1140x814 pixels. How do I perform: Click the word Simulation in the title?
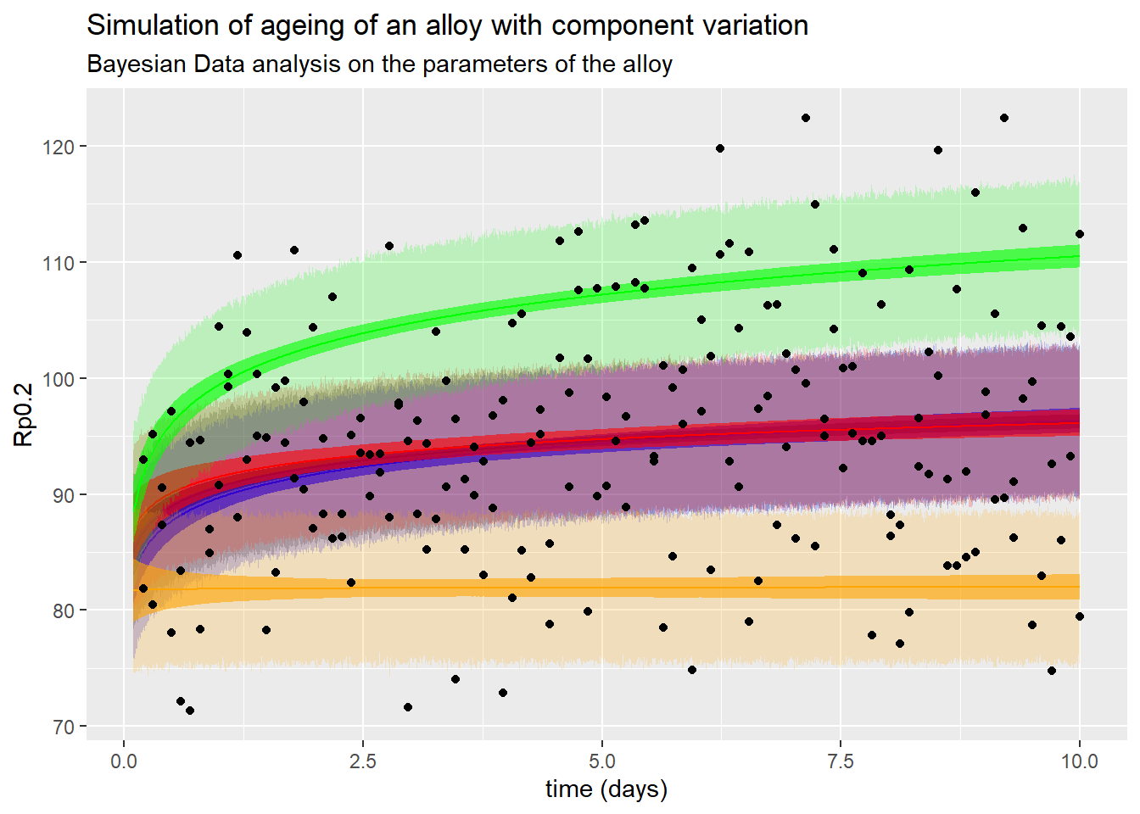pos(154,25)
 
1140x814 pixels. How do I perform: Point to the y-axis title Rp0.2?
pos(24,415)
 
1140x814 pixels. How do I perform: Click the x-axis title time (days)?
pos(606,789)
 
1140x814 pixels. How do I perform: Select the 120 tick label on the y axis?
pos(58,147)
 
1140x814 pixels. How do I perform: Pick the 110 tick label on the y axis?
pos(58,263)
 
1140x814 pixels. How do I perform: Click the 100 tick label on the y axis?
pos(58,379)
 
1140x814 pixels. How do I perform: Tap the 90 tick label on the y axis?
pos(63,495)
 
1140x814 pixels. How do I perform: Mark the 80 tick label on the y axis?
pos(63,610)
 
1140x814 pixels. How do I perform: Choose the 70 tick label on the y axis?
pos(63,727)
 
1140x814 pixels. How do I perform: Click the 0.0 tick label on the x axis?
pos(124,761)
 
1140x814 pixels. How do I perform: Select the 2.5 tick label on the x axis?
pos(363,761)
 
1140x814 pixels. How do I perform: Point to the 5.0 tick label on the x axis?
pos(602,761)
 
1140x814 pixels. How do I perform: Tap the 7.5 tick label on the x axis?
pos(841,761)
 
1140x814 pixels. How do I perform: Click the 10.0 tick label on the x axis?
pos(1080,761)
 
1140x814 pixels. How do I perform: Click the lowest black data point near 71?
pos(190,711)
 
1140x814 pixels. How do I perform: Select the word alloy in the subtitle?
pos(647,65)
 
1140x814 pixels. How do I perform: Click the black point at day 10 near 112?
pos(1080,234)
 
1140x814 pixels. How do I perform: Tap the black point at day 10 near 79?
pos(1080,616)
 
